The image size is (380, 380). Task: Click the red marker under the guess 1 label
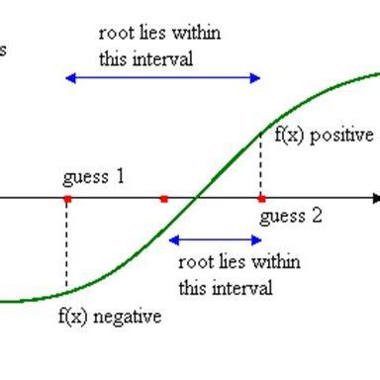coord(66,199)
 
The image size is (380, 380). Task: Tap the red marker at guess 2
coord(260,199)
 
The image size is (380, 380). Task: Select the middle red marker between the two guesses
coord(163,199)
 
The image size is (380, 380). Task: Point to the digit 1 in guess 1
coord(120,178)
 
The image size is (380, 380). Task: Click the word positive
coord(342,136)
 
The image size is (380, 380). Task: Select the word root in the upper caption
coord(114,35)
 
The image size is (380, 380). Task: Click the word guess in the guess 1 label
coord(86,179)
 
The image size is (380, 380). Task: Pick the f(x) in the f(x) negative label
coord(74,317)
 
